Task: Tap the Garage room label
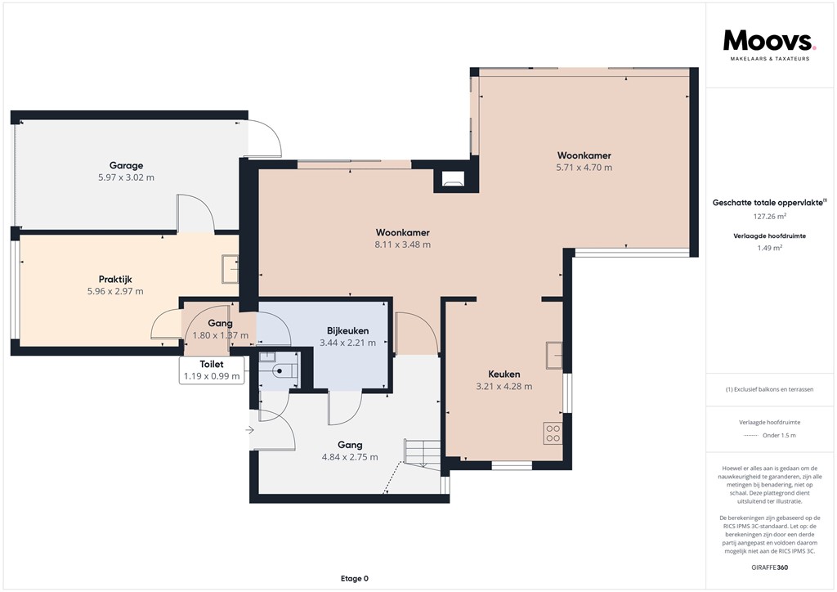[127, 164]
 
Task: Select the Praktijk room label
[115, 279]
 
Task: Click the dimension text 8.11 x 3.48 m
[403, 244]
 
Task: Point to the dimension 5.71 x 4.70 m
[584, 168]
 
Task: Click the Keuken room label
[504, 374]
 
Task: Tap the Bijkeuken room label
[347, 330]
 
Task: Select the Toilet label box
[213, 370]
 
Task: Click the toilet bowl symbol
[280, 371]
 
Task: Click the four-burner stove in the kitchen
[553, 433]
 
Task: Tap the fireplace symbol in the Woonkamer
[452, 178]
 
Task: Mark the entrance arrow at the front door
[250, 428]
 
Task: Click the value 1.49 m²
[769, 248]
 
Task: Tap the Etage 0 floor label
[355, 579]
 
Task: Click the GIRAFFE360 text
[769, 567]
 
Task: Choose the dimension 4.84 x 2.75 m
[350, 457]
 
